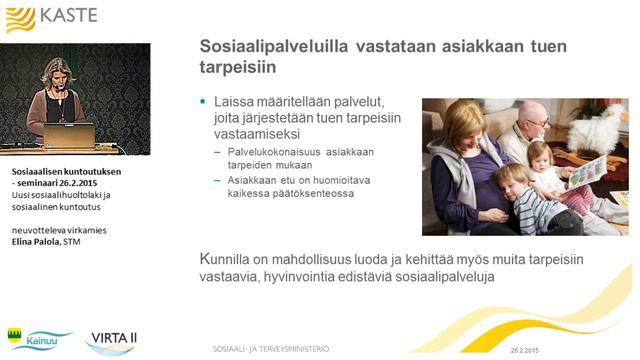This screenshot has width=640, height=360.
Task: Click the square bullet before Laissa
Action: point(203,101)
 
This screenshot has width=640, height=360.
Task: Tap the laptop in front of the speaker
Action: point(68,134)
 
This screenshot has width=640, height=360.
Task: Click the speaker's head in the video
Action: point(55,70)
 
